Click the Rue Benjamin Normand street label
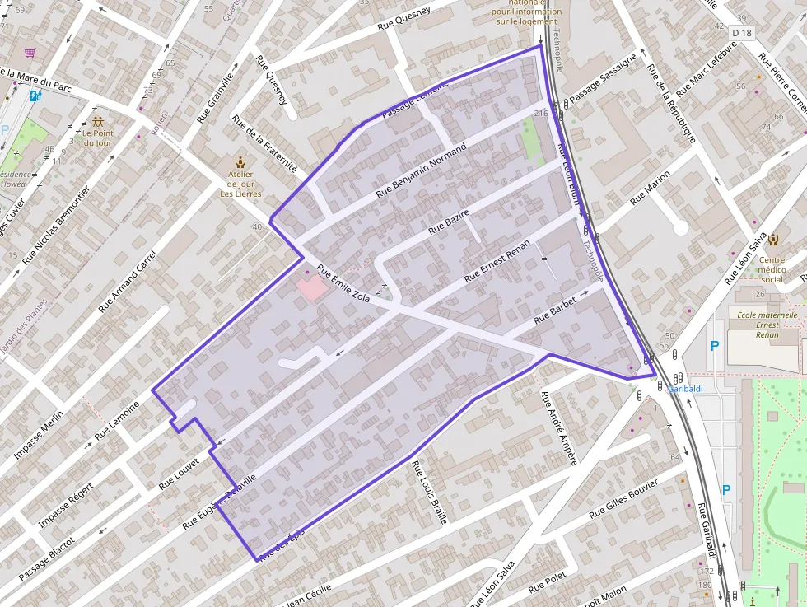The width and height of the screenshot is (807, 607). [x=421, y=170]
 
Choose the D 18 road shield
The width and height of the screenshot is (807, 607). [x=742, y=33]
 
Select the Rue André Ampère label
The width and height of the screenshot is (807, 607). [x=557, y=427]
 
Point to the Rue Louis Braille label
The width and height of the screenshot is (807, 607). [x=430, y=492]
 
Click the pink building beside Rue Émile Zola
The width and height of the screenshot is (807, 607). [x=311, y=288]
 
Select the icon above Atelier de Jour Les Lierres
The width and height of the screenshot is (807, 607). [x=240, y=161]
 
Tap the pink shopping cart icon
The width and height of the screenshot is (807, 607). [x=30, y=53]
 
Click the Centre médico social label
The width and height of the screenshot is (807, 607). [x=772, y=269]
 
